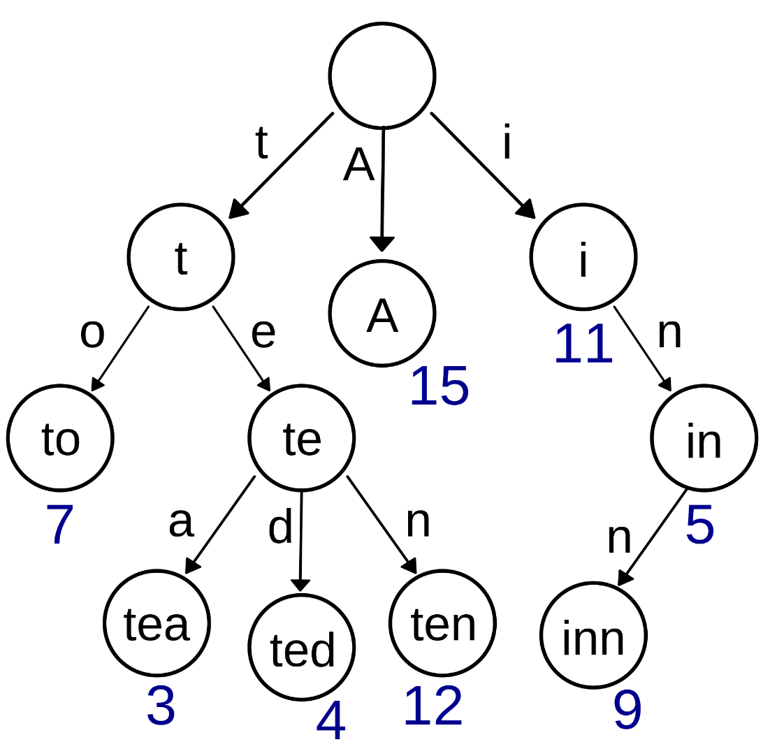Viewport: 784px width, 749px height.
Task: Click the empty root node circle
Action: click(x=382, y=75)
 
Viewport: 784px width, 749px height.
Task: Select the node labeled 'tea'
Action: click(x=157, y=623)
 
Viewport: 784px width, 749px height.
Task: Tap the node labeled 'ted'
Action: click(x=302, y=647)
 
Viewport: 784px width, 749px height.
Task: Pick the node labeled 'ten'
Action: click(x=442, y=623)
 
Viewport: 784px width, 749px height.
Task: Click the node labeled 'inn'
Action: click(x=593, y=635)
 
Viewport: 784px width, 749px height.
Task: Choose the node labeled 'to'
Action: click(x=60, y=438)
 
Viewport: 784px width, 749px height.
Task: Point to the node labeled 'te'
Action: click(x=302, y=438)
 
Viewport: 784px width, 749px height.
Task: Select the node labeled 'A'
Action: click(x=382, y=313)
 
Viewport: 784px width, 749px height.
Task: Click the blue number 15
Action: click(x=439, y=387)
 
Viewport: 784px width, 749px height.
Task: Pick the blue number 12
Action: click(x=433, y=707)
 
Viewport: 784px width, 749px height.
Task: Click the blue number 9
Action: click(x=627, y=711)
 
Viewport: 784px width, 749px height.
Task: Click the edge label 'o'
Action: click(x=92, y=334)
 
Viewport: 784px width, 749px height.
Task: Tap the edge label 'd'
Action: click(x=280, y=528)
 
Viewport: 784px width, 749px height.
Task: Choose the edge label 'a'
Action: click(x=181, y=522)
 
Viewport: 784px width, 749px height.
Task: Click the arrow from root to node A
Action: click(x=382, y=189)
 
